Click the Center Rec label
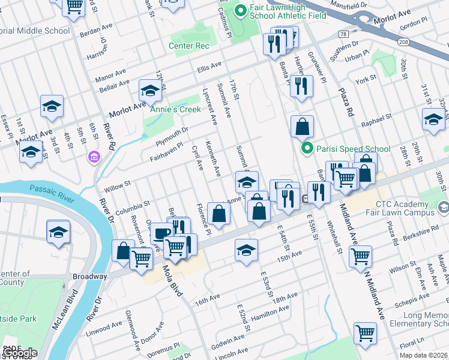189,46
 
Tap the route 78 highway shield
343,34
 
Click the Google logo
19,353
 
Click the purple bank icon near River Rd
94,157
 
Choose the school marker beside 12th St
150,91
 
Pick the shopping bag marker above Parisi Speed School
302,126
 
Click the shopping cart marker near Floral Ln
365,332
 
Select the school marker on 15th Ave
246,250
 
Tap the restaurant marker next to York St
301,86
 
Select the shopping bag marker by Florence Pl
219,213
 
